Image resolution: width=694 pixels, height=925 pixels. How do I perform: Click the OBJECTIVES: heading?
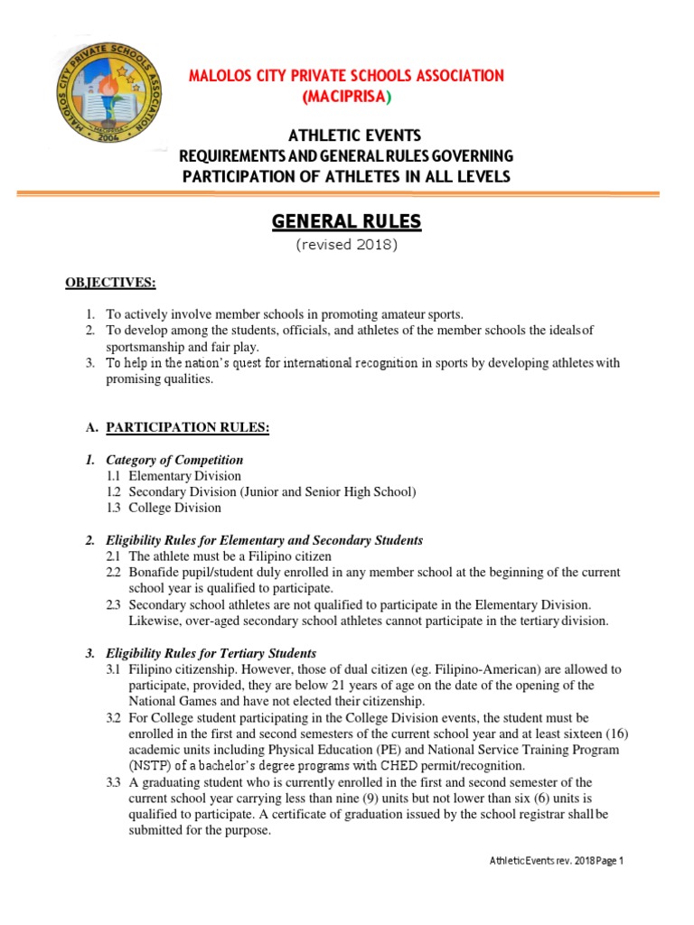(110, 283)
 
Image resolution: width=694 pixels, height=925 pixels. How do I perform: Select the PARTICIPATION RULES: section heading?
(188, 426)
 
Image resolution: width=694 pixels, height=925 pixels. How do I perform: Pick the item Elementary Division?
(184, 475)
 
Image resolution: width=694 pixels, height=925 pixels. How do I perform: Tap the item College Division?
(174, 508)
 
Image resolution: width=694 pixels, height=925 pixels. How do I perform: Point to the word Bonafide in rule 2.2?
(155, 573)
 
